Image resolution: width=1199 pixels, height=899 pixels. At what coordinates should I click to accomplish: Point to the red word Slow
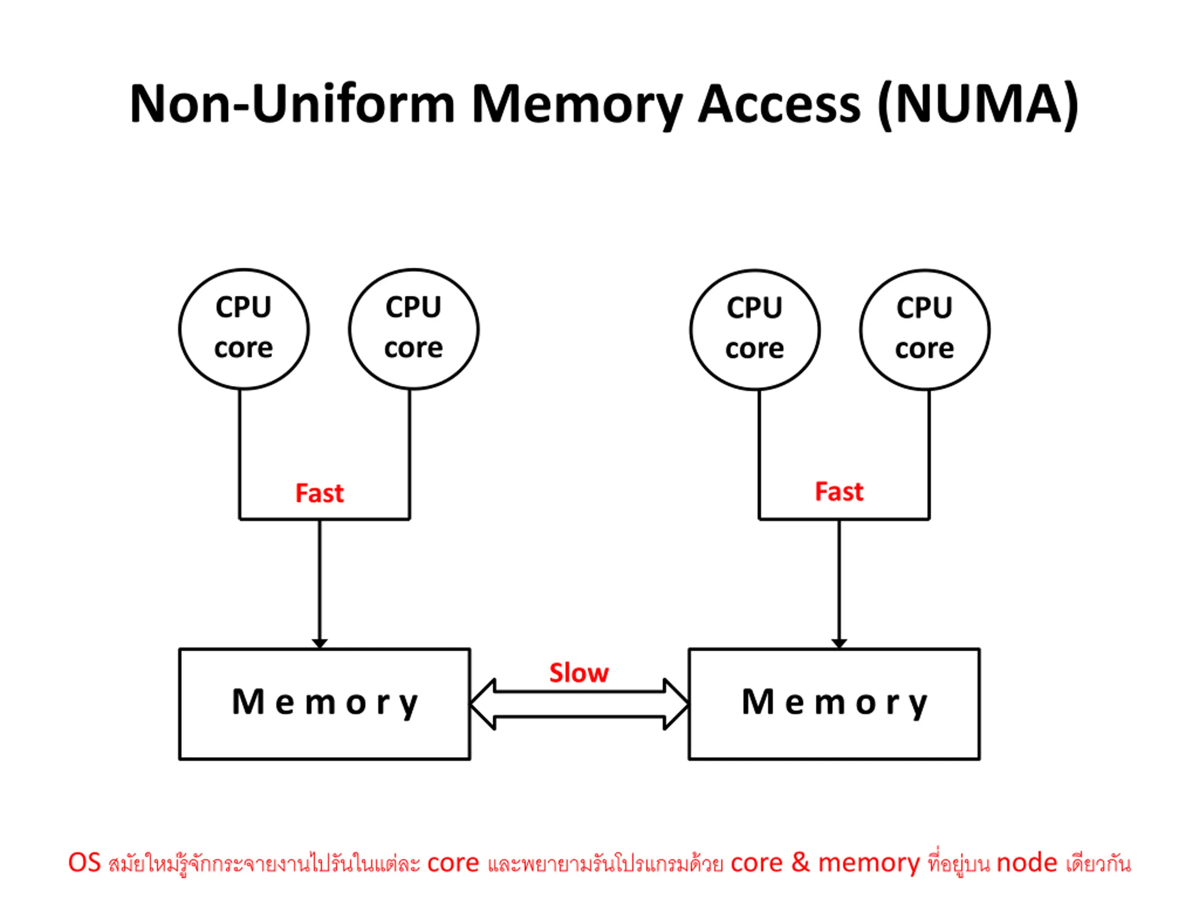pyautogui.click(x=579, y=672)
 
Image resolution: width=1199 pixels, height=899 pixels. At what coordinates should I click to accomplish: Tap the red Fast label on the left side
pyautogui.click(x=319, y=493)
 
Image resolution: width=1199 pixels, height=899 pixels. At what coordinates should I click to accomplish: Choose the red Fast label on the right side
pyautogui.click(x=839, y=491)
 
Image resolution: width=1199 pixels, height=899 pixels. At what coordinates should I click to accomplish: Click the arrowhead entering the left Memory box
pyautogui.click(x=320, y=644)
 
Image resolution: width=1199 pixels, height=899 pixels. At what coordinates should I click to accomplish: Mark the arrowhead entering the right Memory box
pyautogui.click(x=839, y=644)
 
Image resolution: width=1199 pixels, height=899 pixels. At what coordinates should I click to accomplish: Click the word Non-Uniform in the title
pyautogui.click(x=293, y=104)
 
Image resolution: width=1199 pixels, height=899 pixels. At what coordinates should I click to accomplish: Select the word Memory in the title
pyautogui.click(x=577, y=106)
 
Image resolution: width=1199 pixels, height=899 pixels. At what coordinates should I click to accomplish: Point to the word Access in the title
pyautogui.click(x=779, y=104)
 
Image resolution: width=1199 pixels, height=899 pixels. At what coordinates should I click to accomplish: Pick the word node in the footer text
pyautogui.click(x=1027, y=862)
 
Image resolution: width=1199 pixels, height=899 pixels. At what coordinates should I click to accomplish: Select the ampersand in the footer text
pyautogui.click(x=800, y=862)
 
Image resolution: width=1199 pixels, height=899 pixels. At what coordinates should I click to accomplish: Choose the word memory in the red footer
pyautogui.click(x=869, y=864)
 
